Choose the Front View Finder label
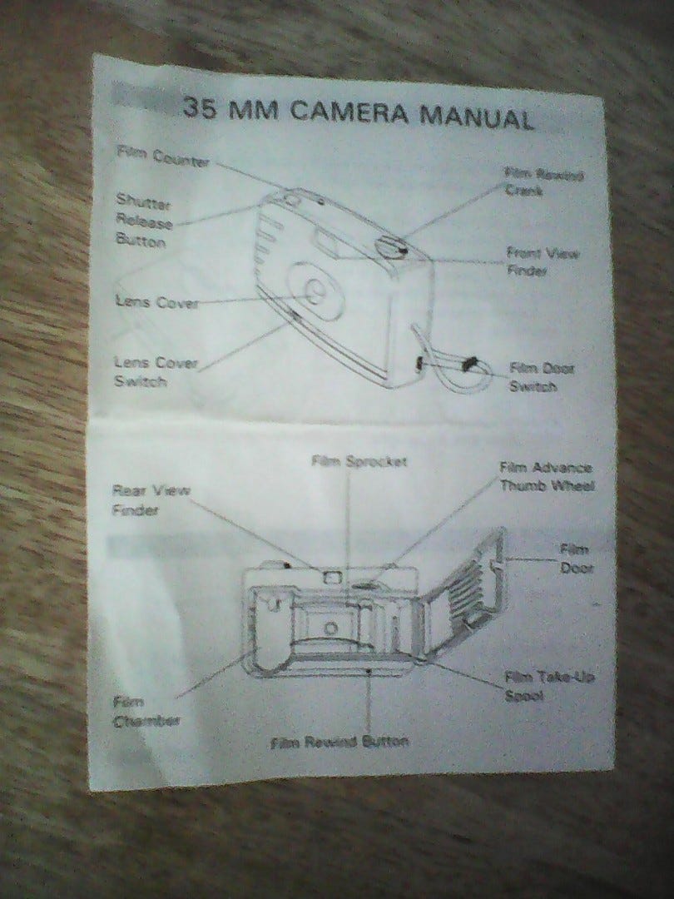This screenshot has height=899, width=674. [x=543, y=262]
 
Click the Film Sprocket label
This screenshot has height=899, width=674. [x=359, y=461]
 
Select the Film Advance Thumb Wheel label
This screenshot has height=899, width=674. [x=545, y=476]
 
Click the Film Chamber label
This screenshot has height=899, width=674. [x=146, y=712]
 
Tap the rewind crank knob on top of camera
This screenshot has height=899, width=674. [x=389, y=246]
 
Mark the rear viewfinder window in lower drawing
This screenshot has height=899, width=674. [x=332, y=575]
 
